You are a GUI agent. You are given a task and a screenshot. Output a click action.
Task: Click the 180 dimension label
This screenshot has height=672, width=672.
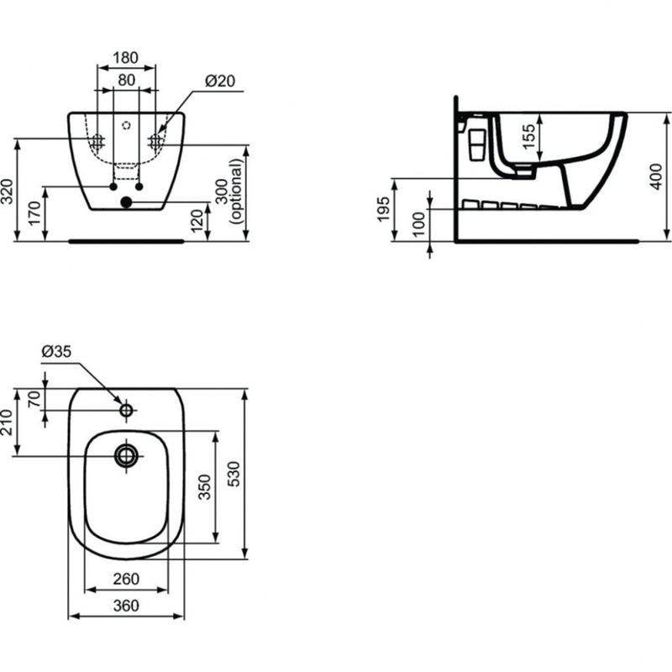coord(125,57)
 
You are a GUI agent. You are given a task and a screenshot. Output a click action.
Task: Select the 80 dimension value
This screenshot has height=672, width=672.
coord(125,81)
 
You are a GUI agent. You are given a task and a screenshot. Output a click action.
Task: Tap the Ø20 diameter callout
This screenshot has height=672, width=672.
coord(219,81)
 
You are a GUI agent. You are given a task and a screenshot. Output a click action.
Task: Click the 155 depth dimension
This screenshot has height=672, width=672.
coord(527,134)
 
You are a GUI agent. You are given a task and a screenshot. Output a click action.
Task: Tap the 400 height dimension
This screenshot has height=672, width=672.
coord(659,177)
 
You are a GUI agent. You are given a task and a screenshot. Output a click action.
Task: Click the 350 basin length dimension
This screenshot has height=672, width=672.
coord(204,486)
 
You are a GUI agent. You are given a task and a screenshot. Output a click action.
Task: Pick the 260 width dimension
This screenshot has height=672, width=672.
coord(126,580)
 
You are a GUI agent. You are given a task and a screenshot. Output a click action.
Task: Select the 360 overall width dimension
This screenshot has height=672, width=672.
coord(126,605)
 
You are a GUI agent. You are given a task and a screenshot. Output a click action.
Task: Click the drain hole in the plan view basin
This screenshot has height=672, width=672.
coord(126,454)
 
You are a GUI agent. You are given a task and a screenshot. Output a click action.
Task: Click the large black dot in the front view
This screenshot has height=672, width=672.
coord(126,202)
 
